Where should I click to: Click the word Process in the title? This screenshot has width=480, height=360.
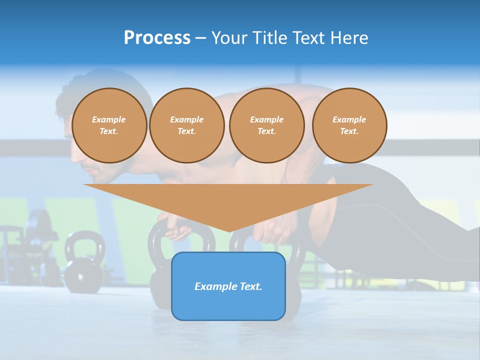click(157, 38)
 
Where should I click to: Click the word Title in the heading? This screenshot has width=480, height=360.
click(268, 38)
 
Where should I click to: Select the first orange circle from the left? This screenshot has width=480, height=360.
click(109, 125)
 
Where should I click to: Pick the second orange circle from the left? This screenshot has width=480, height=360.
click(187, 125)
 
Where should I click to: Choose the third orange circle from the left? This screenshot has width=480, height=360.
click(266, 125)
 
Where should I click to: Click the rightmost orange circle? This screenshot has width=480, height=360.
click(349, 125)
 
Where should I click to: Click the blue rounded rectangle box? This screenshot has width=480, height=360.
click(228, 286)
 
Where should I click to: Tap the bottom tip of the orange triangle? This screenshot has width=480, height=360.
click(229, 230)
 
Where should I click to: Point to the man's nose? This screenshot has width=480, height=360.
click(73, 158)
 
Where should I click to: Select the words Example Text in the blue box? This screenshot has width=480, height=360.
click(228, 286)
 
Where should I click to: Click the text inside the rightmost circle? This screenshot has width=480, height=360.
click(349, 125)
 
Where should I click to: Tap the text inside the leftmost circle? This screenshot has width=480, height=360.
click(109, 125)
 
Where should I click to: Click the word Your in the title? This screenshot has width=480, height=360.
click(229, 38)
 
